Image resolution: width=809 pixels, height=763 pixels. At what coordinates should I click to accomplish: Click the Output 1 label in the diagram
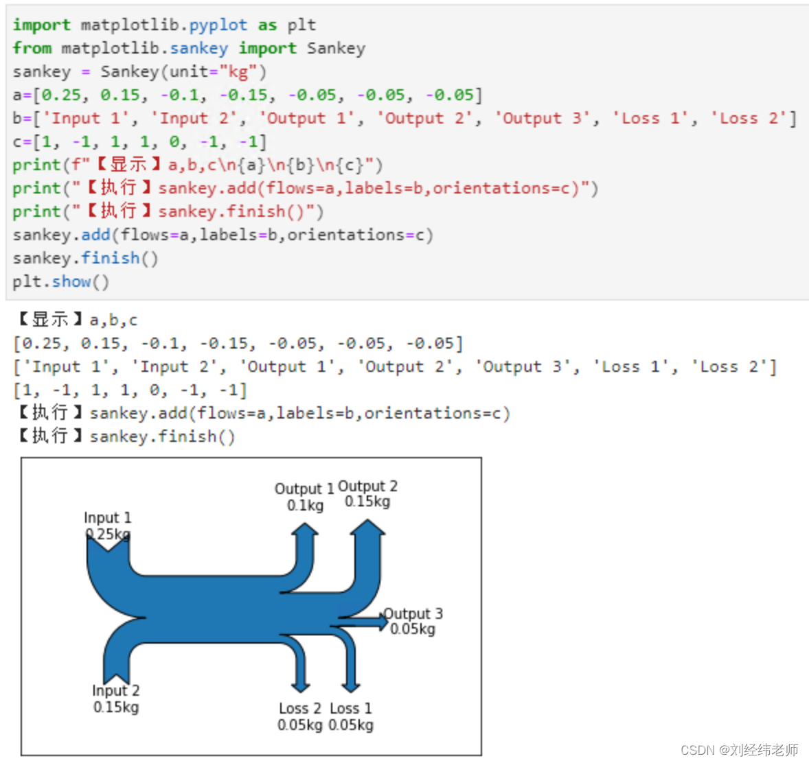point(304,489)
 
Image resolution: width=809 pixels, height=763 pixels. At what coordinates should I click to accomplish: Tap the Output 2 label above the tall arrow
point(367,486)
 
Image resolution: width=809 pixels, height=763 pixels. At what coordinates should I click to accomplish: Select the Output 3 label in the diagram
point(413,613)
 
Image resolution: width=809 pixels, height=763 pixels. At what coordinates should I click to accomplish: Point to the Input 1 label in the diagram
point(107,517)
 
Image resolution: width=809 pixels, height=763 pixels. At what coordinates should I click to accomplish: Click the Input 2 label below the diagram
point(115,690)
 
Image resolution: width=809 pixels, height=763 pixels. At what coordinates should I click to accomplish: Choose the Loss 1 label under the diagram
point(351,708)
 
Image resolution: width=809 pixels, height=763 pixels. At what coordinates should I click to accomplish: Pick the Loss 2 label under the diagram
point(300,708)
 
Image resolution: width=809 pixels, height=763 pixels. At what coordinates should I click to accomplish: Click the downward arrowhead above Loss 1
point(350,685)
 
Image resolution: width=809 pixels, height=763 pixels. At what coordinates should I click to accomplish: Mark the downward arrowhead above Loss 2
point(300,685)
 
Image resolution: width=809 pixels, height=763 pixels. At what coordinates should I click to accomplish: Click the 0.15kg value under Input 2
point(115,707)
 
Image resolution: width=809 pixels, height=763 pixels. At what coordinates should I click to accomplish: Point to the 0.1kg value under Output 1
point(305,505)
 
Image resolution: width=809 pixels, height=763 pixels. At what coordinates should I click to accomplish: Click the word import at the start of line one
point(41,25)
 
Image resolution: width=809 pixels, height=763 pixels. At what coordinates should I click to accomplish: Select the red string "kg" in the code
point(238,72)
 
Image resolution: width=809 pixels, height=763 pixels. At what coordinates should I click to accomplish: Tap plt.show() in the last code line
point(60,282)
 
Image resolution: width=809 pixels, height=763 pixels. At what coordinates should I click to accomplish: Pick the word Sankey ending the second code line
point(336,49)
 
